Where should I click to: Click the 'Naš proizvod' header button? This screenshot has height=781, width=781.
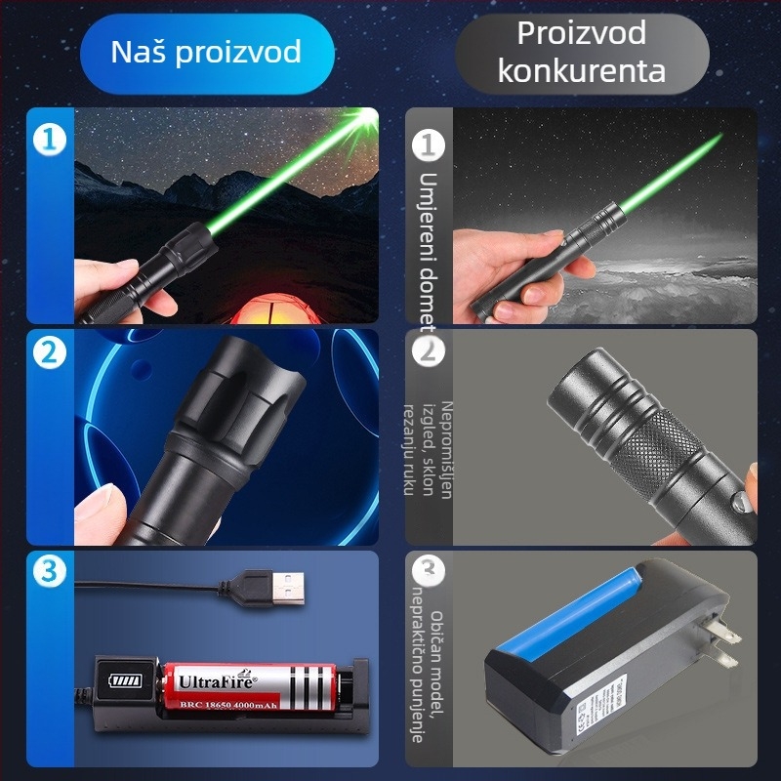point(206,53)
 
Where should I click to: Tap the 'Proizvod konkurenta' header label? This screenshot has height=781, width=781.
point(582,52)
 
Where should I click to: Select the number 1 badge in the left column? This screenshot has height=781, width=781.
point(49,139)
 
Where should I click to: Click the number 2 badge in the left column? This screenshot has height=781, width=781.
point(49,353)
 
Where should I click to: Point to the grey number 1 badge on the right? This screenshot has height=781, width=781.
point(428,145)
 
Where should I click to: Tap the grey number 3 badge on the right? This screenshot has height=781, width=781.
point(427,570)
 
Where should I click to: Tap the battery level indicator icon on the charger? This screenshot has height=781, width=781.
point(125,680)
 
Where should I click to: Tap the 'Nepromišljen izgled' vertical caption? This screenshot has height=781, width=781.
point(429,449)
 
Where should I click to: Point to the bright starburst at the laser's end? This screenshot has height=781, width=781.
point(366,123)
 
